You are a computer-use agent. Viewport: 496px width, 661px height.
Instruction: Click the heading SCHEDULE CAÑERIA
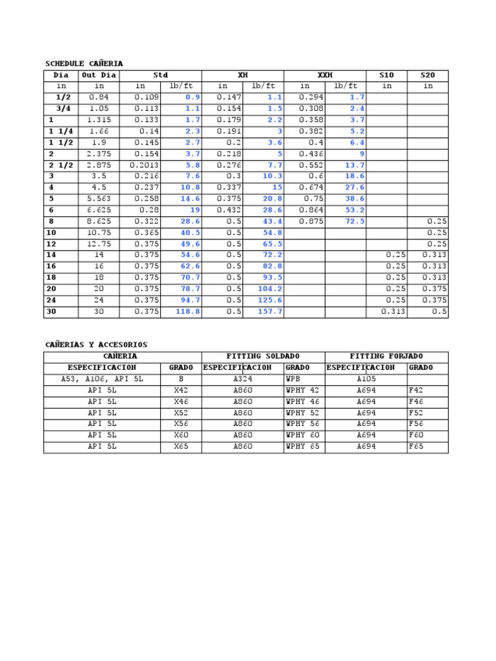[84, 63]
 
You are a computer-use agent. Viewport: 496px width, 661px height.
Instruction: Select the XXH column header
[325, 76]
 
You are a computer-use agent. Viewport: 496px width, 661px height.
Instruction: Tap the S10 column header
[386, 76]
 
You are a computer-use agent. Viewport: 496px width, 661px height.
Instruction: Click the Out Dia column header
[99, 76]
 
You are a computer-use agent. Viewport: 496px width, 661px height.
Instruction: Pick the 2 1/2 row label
[61, 165]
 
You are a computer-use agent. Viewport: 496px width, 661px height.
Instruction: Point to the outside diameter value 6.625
[99, 210]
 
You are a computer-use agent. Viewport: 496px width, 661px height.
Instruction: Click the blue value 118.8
[188, 311]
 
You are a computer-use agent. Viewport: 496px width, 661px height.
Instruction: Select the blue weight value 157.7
[270, 311]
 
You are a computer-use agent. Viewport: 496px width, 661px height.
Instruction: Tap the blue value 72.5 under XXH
[355, 221]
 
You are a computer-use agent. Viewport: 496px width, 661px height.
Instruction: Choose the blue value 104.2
[270, 289]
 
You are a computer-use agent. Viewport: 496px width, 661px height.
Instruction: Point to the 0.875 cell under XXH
[311, 221]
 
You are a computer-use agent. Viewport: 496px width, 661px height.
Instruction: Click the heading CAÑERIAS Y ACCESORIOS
[96, 345]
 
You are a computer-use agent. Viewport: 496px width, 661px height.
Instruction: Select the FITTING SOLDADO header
[263, 356]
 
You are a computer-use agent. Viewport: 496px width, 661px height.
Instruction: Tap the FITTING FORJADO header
[386, 356]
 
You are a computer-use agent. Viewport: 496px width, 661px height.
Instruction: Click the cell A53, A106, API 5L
[102, 379]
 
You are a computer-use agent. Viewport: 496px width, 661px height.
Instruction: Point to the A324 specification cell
[243, 379]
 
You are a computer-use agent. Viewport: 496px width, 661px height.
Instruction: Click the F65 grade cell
[416, 447]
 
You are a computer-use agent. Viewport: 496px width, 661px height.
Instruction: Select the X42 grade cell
[181, 391]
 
